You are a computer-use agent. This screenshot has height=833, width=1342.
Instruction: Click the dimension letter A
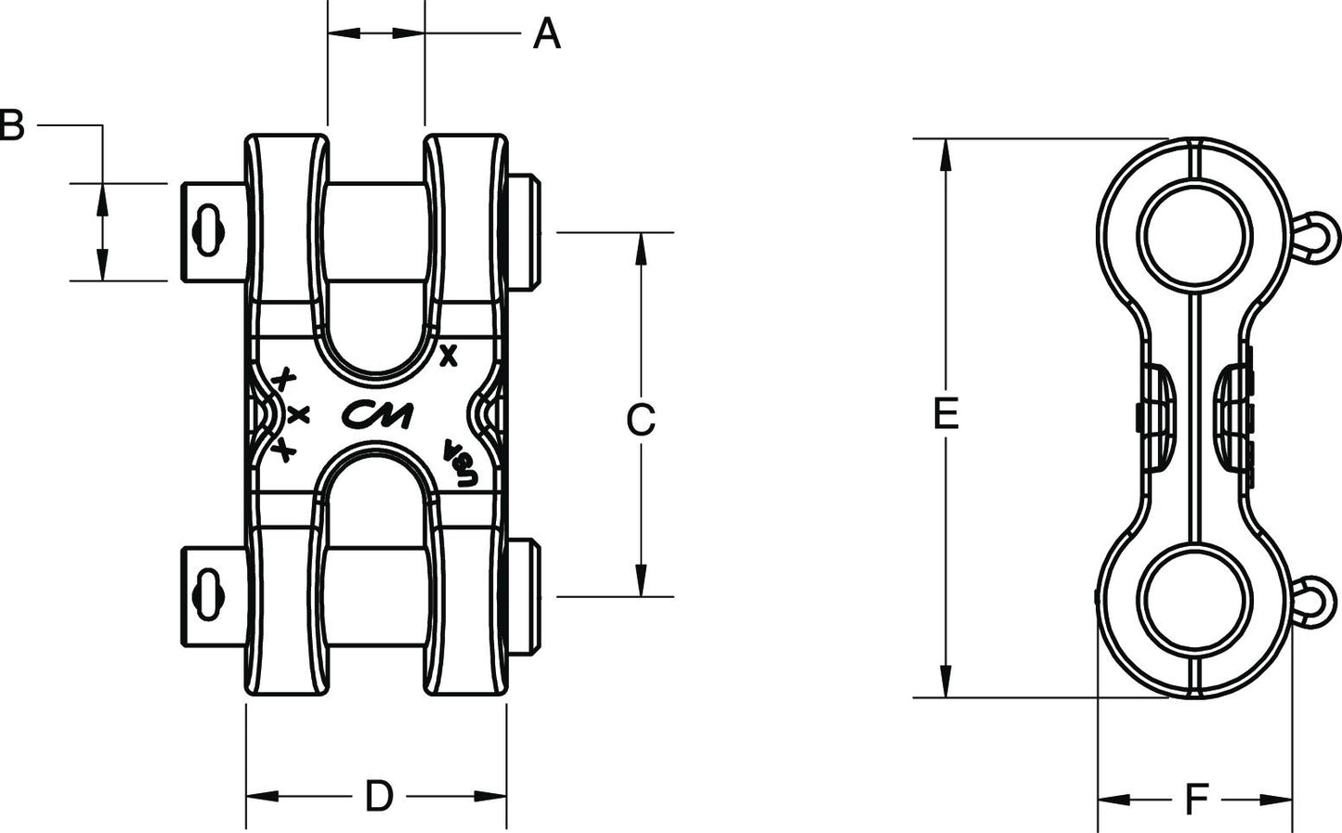(547, 33)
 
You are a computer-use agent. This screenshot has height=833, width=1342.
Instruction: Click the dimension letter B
(11, 124)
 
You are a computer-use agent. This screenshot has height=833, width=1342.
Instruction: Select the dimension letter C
(641, 419)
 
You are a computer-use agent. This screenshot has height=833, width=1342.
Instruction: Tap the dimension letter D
(379, 797)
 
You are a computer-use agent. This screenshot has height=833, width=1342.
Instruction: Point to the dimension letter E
(946, 414)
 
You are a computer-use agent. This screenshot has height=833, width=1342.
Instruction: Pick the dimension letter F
(1196, 800)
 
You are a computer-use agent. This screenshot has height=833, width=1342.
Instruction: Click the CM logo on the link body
(377, 414)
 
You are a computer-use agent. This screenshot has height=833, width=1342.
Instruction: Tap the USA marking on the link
(461, 463)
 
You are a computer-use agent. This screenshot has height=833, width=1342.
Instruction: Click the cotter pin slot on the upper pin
(208, 230)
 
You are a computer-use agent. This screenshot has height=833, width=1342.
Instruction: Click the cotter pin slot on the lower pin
(208, 594)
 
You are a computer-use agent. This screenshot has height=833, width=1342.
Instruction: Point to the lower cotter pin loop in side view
(1316, 603)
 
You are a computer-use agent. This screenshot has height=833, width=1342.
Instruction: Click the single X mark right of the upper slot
(449, 356)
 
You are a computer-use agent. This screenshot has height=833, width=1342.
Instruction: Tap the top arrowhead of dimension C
(641, 248)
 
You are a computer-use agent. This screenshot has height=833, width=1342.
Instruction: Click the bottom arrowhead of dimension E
(946, 682)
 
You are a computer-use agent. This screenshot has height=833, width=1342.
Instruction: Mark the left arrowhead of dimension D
(263, 797)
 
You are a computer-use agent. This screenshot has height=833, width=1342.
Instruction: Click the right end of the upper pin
(534, 233)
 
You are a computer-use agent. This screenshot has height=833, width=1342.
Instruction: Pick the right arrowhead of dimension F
(1275, 800)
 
